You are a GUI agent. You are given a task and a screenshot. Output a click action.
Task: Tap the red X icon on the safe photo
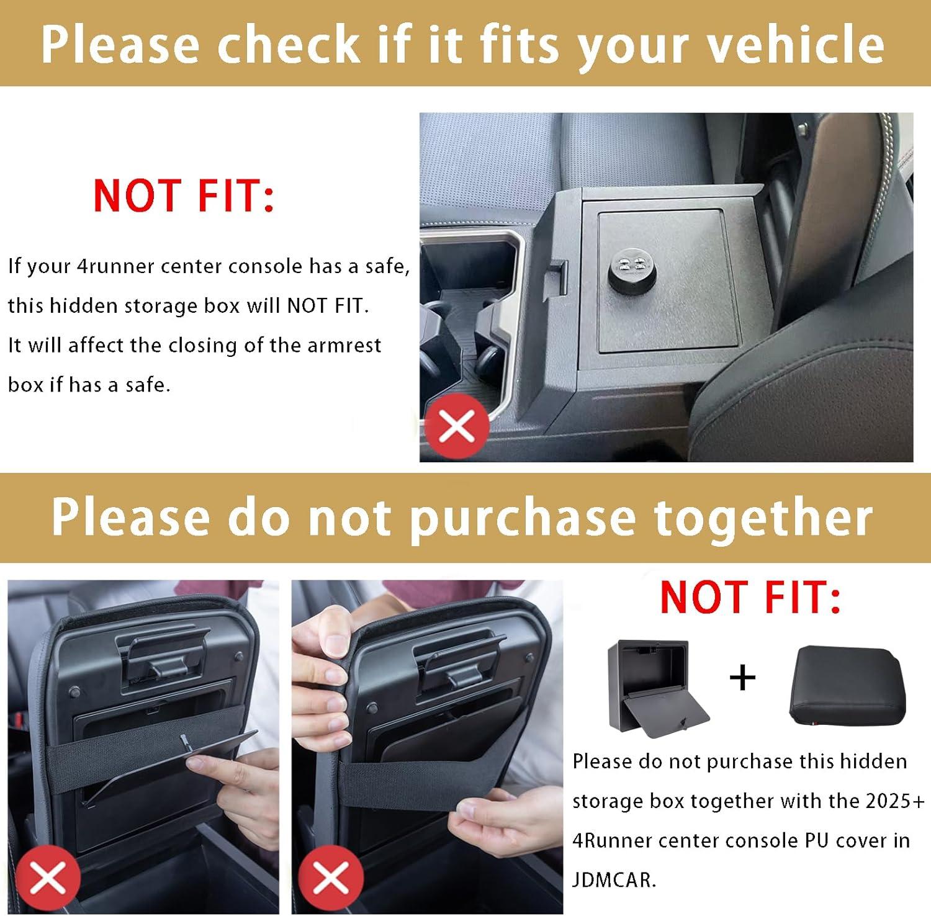(x=457, y=428)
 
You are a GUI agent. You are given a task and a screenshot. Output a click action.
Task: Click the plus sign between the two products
(x=742, y=677)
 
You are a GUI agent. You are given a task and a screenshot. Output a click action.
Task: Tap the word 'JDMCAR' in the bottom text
(x=613, y=879)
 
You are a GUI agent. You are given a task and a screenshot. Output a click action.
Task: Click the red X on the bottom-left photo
(x=48, y=878)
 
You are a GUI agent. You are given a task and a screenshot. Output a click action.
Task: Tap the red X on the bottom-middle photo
(x=330, y=878)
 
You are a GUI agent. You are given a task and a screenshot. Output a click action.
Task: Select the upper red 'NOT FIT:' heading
(x=184, y=195)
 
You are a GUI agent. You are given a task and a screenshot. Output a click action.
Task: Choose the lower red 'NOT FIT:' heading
(x=750, y=597)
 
